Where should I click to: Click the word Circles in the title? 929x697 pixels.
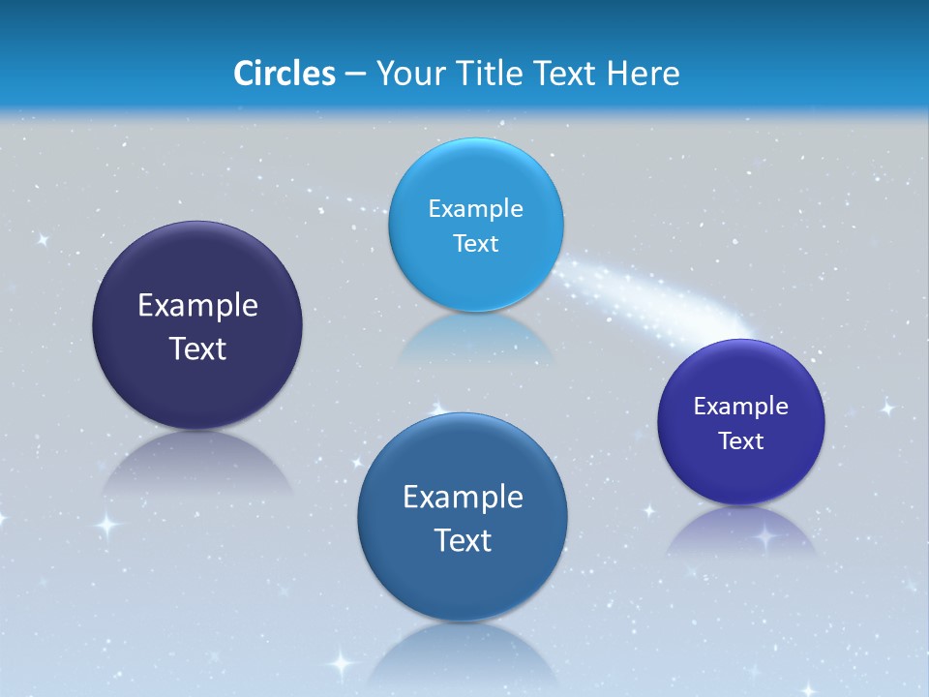pyautogui.click(x=285, y=74)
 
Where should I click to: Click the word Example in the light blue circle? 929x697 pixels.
pyautogui.click(x=476, y=208)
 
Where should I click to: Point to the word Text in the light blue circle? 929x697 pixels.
pyautogui.click(x=476, y=243)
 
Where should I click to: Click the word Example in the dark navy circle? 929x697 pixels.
pyautogui.click(x=197, y=306)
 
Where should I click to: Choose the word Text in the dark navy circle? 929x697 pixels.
pyautogui.click(x=197, y=348)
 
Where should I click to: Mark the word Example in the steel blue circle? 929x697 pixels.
pyautogui.click(x=463, y=497)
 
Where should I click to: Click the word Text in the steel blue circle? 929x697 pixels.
pyautogui.click(x=463, y=540)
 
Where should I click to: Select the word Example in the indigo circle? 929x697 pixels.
pyautogui.click(x=741, y=406)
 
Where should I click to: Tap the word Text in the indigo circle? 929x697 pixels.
pyautogui.click(x=741, y=440)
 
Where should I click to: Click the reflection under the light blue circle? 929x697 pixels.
pyautogui.click(x=474, y=339)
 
